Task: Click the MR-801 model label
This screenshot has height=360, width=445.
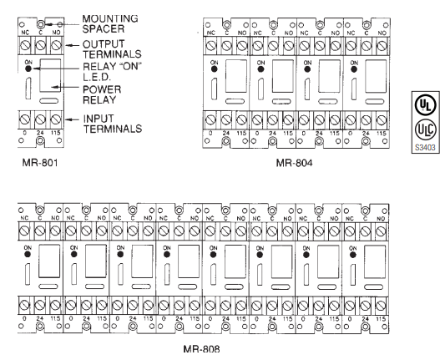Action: (40, 163)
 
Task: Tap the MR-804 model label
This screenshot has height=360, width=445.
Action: (295, 163)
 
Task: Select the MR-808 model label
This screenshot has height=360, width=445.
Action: (201, 348)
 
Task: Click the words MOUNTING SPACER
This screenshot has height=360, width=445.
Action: (110, 23)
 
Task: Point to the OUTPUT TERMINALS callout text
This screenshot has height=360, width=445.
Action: (112, 48)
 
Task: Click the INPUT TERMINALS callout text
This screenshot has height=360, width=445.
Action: (113, 124)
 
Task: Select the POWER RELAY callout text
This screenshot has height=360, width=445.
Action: (102, 94)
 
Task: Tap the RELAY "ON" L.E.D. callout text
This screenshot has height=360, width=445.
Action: (112, 72)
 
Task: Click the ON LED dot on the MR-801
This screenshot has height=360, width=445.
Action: (28, 68)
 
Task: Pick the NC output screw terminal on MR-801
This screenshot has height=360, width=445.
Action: (25, 45)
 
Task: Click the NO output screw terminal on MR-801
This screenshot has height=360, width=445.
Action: (57, 45)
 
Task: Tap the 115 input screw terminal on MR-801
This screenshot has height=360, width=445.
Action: (56, 119)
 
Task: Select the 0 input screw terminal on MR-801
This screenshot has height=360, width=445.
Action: (25, 119)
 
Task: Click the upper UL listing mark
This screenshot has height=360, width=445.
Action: (425, 105)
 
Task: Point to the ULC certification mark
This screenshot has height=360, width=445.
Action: (425, 129)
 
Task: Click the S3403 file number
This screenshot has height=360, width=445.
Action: (425, 147)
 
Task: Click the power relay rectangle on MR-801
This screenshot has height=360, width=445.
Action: (50, 75)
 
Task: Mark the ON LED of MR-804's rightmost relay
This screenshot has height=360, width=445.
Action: (354, 69)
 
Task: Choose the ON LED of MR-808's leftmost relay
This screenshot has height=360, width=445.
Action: (28, 254)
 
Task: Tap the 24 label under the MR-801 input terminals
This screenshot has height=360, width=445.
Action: (40, 133)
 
